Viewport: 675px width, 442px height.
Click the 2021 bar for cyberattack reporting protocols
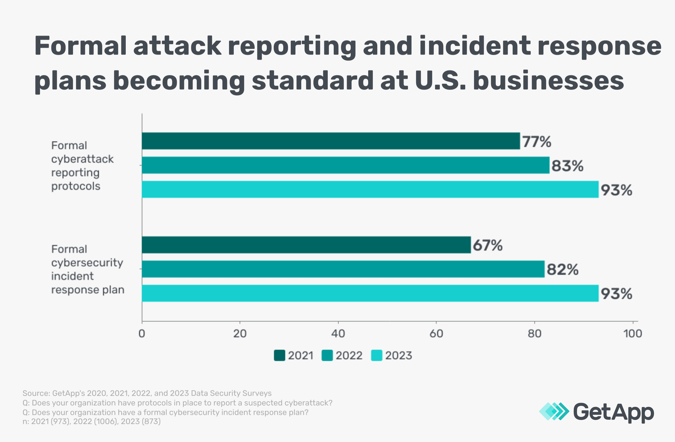click(x=331, y=141)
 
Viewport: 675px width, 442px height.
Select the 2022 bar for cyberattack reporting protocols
click(x=345, y=165)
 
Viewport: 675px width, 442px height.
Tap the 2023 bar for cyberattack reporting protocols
click(x=370, y=189)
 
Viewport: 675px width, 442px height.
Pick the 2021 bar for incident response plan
click(x=306, y=245)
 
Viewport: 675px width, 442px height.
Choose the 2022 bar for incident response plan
click(x=343, y=269)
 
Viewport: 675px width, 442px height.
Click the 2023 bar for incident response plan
click(x=370, y=293)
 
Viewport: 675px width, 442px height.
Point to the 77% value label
click(x=536, y=141)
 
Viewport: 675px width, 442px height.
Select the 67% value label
click(x=487, y=245)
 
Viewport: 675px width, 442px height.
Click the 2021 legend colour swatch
click(x=279, y=355)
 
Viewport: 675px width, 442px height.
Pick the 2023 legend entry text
click(x=398, y=356)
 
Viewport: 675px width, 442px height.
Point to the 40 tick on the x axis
click(x=338, y=334)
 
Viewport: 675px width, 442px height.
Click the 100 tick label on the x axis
click(x=632, y=334)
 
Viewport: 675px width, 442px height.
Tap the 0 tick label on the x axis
click(x=142, y=334)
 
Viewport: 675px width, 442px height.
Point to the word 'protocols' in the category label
click(x=76, y=186)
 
